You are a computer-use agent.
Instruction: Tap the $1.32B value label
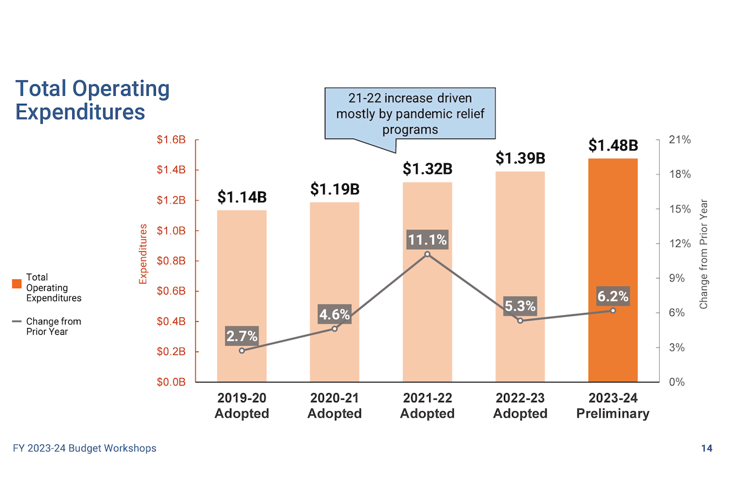coord(427,168)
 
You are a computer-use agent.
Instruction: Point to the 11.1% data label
coord(427,239)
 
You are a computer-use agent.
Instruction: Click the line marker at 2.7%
coord(242,351)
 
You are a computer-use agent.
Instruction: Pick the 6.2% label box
coord(613,297)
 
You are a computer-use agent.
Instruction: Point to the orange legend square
coord(17,283)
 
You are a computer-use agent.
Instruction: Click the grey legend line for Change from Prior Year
coord(17,322)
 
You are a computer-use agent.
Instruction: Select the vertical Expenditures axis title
coord(143,254)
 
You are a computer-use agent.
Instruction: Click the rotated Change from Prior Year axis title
coord(703,254)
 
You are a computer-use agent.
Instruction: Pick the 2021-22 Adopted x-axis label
coord(427,406)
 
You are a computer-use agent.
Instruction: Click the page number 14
coord(706,448)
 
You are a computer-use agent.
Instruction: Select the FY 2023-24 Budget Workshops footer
coord(84,448)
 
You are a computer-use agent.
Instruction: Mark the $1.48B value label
coord(613,145)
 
